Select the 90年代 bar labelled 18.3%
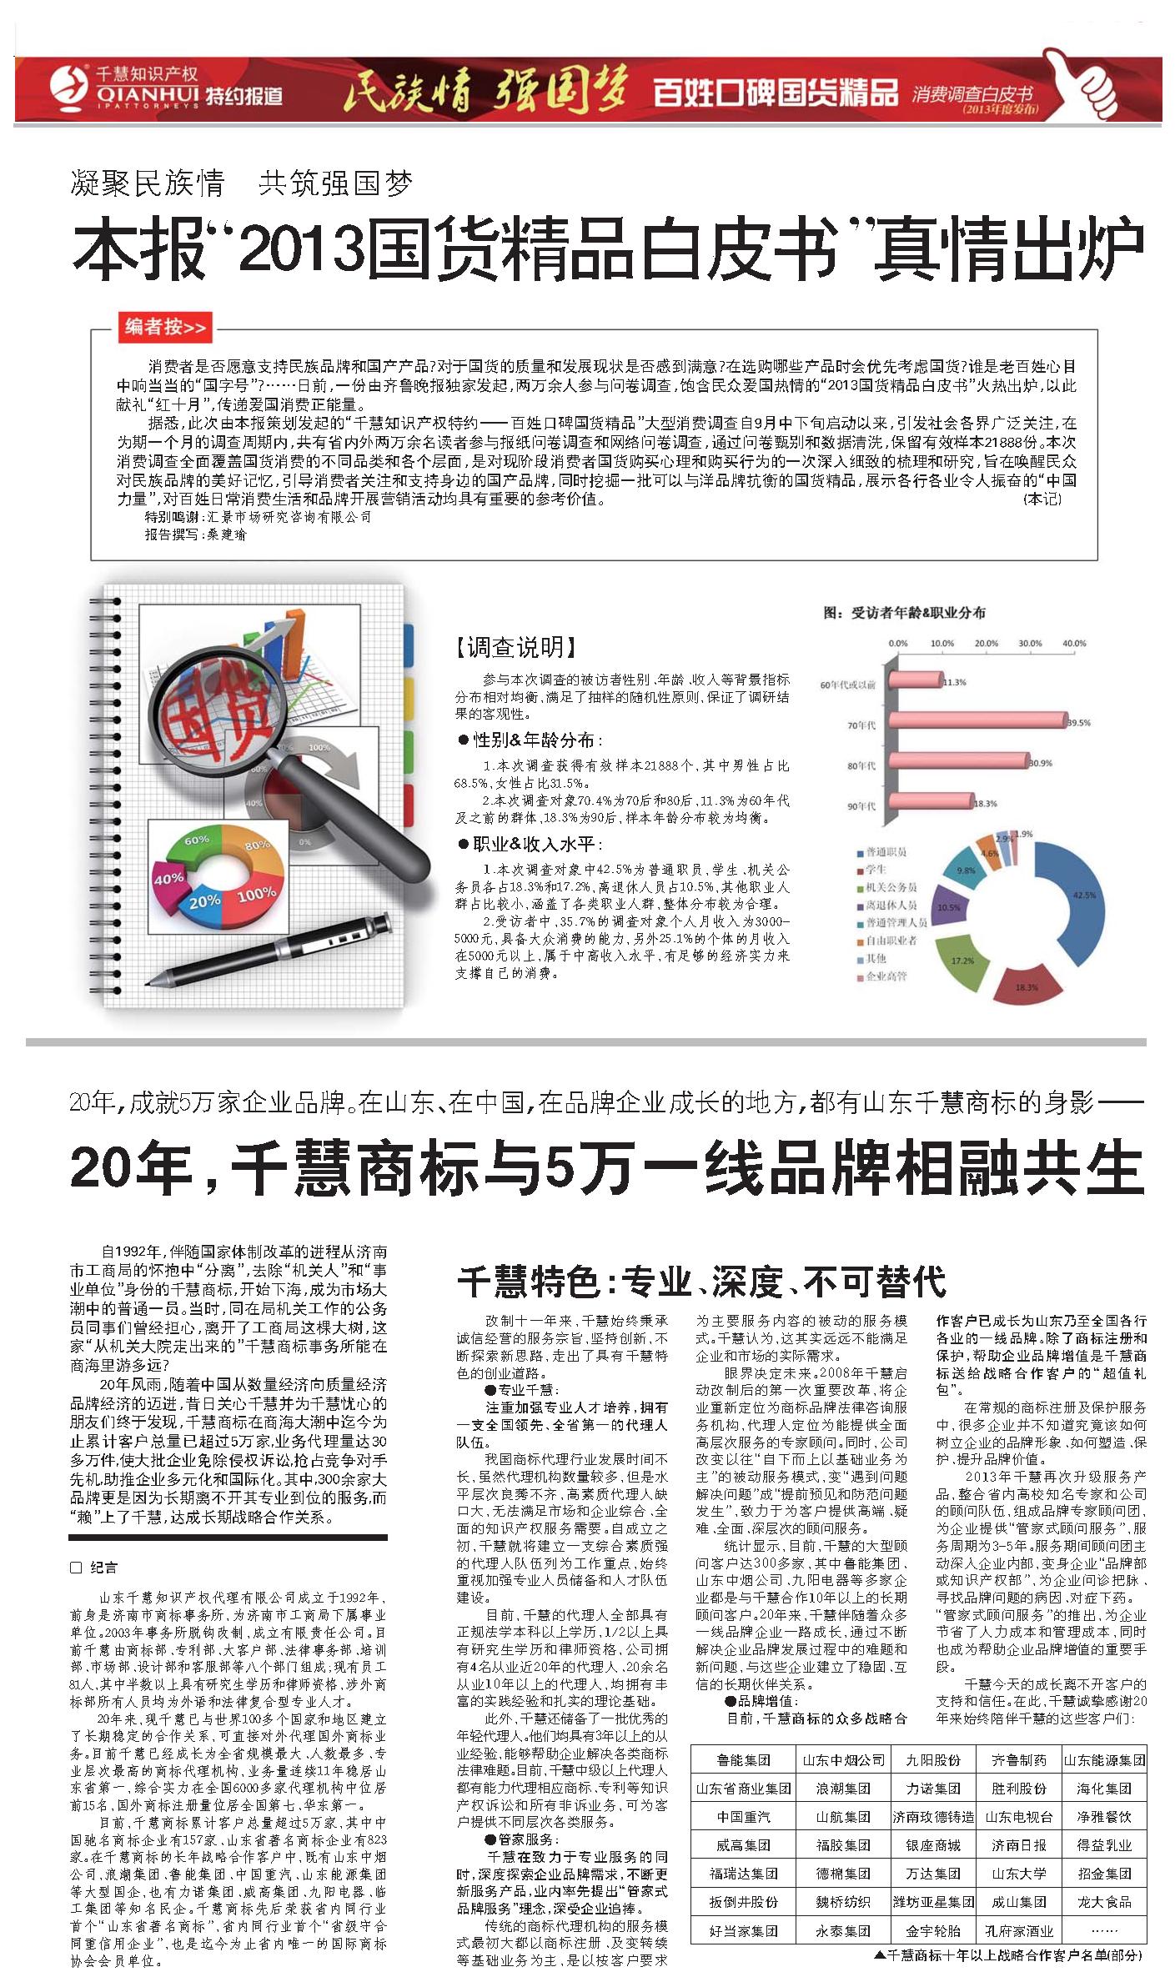coord(929,803)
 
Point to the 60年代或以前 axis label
coord(847,685)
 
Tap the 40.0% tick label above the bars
coord(1074,644)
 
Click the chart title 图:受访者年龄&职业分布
coord(904,613)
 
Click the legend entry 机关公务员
coord(891,887)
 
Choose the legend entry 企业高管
coord(886,976)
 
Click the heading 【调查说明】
coord(516,646)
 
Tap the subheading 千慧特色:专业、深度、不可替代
coord(701,1282)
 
